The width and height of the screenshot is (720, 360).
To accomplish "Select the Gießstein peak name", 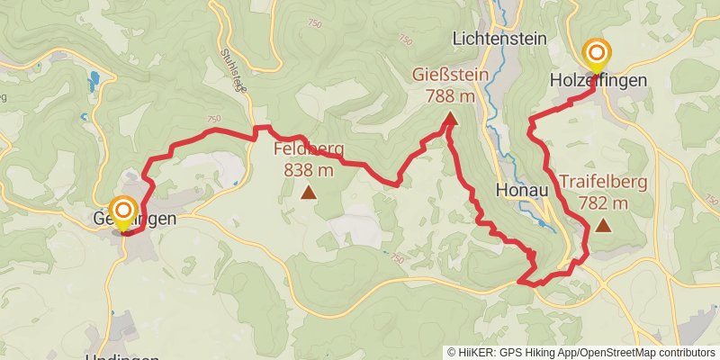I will pyautogui.click(x=451, y=75).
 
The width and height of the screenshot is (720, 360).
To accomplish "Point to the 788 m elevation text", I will pyautogui.click(x=451, y=94).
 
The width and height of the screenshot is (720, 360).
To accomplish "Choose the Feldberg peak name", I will pyautogui.click(x=309, y=149).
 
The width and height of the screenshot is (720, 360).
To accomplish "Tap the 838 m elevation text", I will pyautogui.click(x=309, y=169).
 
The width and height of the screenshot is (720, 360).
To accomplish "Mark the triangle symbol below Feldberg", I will pyautogui.click(x=309, y=192).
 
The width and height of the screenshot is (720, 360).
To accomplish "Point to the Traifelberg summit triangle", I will pyautogui.click(x=603, y=226).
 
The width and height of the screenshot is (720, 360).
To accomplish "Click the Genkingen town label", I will pyautogui.click(x=133, y=219).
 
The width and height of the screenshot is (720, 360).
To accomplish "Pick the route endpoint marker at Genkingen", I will pyautogui.click(x=122, y=212).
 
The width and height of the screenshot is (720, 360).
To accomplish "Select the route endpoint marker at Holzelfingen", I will pyautogui.click(x=596, y=53).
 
